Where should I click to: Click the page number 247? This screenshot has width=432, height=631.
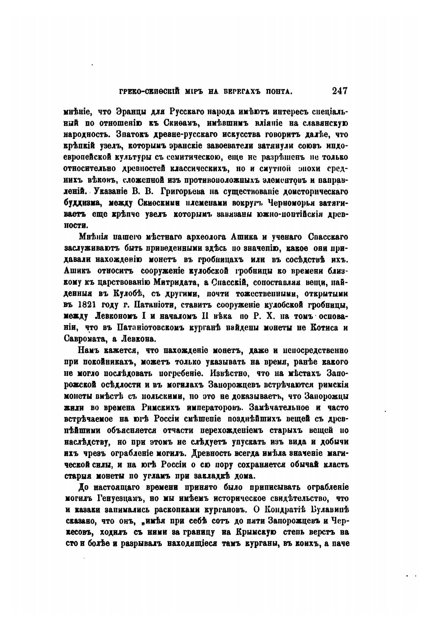(x=340, y=91)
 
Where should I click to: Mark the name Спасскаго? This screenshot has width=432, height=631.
(x=328, y=237)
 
